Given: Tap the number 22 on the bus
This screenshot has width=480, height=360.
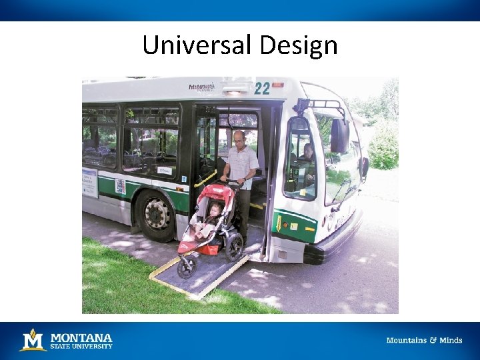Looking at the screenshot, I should point(261,87).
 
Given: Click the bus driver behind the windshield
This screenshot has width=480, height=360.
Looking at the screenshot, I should point(306,155).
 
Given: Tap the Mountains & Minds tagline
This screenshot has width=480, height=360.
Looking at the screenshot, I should point(424,341).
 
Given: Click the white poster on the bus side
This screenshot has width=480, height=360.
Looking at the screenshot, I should point(90,182).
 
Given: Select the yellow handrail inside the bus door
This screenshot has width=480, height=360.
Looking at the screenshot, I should point(205,179).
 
